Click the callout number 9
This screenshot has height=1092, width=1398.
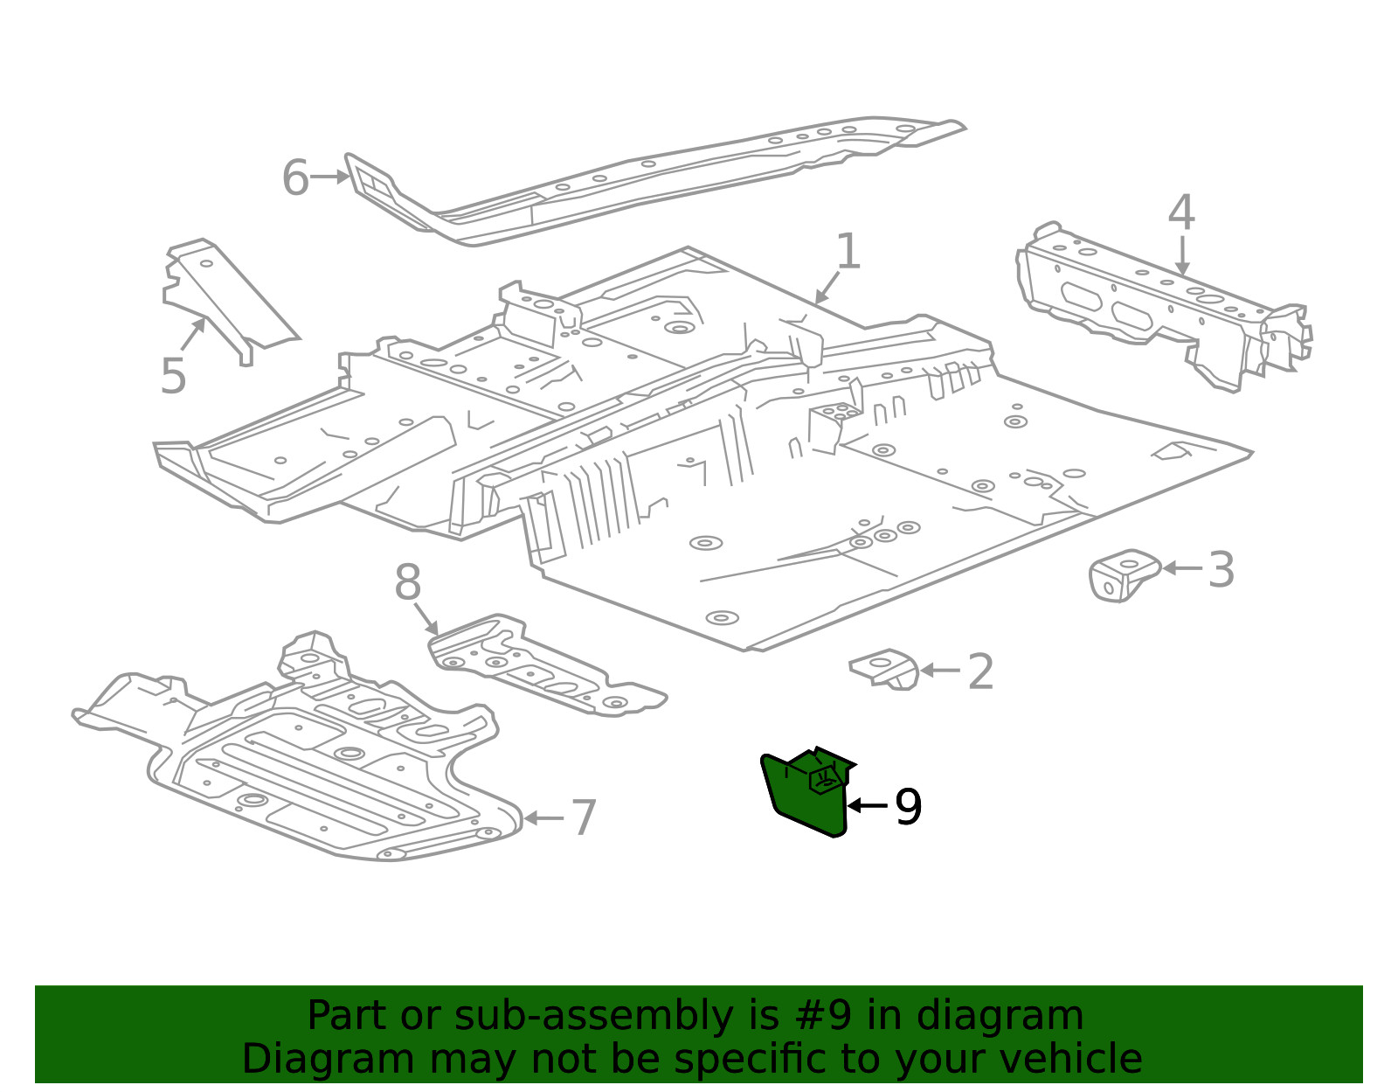(x=909, y=807)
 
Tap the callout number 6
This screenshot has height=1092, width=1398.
(x=296, y=177)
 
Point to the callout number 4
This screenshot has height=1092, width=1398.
(x=1181, y=212)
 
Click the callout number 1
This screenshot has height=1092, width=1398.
(x=848, y=251)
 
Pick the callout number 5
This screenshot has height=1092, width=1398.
(x=173, y=376)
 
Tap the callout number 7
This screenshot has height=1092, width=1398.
(x=584, y=817)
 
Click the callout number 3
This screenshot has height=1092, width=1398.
(x=1222, y=569)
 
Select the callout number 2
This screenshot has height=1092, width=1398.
(x=980, y=671)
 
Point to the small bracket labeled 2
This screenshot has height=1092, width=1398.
(x=884, y=669)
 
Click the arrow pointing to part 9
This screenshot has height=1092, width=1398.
(x=869, y=805)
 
